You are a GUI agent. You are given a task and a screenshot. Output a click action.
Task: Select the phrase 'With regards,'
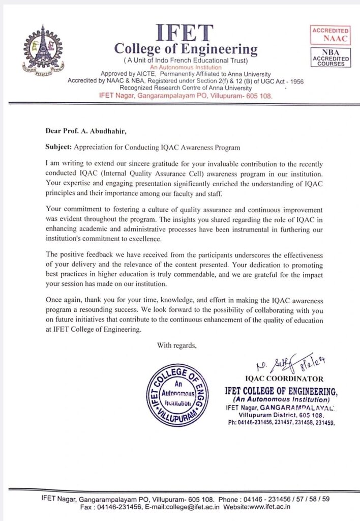click(176, 345)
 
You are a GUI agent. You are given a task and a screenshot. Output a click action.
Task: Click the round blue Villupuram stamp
click(176, 395)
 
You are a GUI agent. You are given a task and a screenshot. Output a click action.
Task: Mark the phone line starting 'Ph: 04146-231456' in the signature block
click(280, 423)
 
